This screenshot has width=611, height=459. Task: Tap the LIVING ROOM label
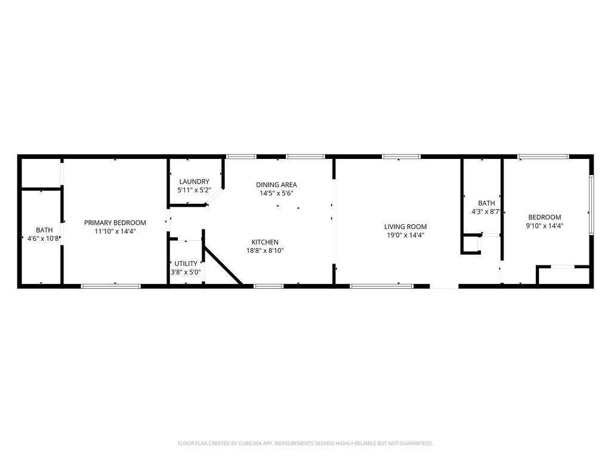pos(405,227)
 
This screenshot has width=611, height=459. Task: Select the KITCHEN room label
pos(265,242)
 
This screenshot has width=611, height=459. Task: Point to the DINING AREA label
pos(276,185)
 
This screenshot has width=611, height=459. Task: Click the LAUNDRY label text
pos(194,182)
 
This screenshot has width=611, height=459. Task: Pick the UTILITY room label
pos(186,264)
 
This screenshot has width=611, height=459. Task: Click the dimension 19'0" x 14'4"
pos(405,235)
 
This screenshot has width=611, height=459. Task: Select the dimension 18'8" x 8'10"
pos(265,250)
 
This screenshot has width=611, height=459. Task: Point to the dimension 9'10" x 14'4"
pos(544,226)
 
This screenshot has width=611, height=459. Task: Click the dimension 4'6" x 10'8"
pos(44,238)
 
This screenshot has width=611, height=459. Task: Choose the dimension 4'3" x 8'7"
pos(485,212)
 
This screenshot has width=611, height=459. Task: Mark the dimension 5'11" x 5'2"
pos(194,190)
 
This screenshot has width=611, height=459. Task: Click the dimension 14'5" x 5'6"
pos(276,193)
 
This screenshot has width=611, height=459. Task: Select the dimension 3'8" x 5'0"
pos(186,272)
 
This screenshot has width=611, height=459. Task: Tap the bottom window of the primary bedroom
pos(111,286)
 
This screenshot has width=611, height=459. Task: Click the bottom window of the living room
pos(381,286)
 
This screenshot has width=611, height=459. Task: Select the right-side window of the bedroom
pos(591,203)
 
